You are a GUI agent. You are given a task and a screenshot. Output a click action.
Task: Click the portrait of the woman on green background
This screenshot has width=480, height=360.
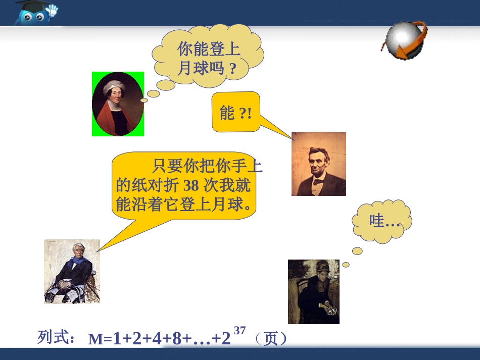[x=118, y=104]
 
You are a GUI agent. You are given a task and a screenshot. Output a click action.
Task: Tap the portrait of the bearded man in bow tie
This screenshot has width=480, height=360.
[x=318, y=164]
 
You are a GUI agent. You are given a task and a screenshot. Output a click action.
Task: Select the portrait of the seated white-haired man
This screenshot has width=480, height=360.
[x=72, y=271]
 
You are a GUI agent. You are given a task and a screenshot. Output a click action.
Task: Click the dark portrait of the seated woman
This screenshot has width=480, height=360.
[x=313, y=291]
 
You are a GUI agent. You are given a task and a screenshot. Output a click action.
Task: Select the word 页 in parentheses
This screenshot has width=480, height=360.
[x=271, y=338]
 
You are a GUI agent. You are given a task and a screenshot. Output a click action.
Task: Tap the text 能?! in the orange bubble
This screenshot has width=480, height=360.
[x=235, y=113]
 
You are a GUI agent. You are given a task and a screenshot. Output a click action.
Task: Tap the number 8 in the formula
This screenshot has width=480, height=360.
[x=177, y=338]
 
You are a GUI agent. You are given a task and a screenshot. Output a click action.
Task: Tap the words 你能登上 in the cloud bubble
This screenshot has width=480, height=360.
[x=208, y=49]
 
